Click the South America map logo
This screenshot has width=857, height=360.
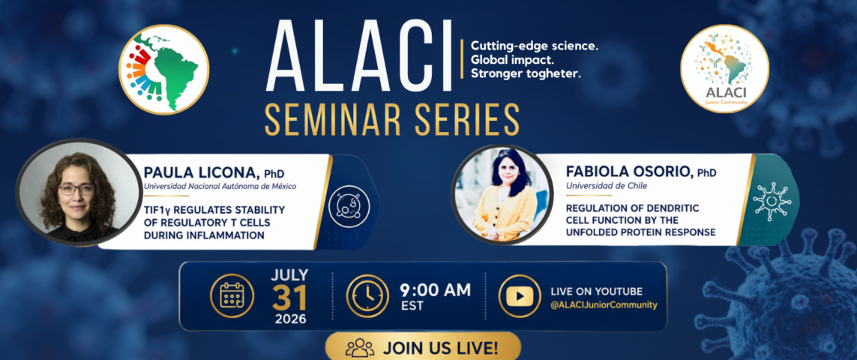click(x=163, y=70)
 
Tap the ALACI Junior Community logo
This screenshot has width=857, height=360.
click(x=724, y=69)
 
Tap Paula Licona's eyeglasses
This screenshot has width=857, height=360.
click(x=76, y=189)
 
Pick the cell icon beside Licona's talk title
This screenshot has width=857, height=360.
click(x=349, y=207)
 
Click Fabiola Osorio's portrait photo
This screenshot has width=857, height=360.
click(x=502, y=195)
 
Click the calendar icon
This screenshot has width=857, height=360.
click(x=232, y=295)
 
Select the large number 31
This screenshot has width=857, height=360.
click(x=289, y=297)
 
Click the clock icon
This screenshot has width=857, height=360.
click(x=367, y=295)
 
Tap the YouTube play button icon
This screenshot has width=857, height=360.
click(x=520, y=296)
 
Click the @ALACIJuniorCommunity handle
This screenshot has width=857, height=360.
click(x=604, y=305)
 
